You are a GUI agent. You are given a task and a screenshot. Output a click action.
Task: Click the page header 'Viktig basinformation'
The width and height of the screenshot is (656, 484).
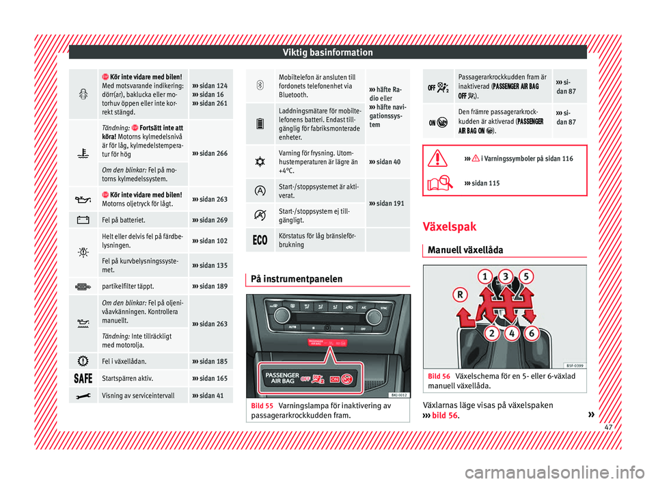(328, 53)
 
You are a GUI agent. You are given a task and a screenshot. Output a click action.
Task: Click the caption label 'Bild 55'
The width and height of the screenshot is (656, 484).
(262, 406)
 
